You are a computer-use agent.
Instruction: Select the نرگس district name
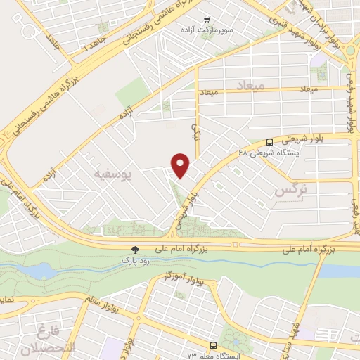[291, 189]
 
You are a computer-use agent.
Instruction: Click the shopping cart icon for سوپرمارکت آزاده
[206, 20]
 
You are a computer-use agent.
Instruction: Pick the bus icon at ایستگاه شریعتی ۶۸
[271, 140]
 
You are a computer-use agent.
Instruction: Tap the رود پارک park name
[135, 260]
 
